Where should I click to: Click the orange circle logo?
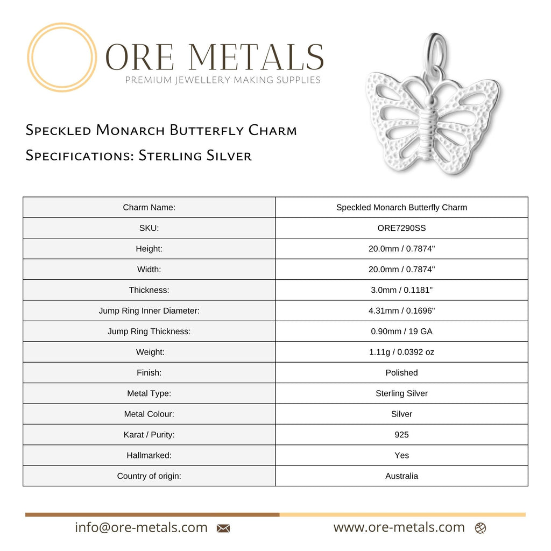coord(62,57)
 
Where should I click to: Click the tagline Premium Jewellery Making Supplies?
coord(223,80)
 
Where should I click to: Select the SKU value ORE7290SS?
coord(401,228)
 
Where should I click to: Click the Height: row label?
coord(149,249)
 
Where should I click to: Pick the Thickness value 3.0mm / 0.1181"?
coord(401,290)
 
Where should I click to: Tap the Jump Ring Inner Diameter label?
coord(149,310)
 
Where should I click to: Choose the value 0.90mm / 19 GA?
coord(401,331)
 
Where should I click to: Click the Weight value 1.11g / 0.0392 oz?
coord(401,352)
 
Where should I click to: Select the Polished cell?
coord(401,372)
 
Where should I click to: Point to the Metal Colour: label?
coord(149,414)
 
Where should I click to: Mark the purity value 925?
coord(401,434)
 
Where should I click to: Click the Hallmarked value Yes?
coord(401,455)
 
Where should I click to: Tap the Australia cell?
coord(401,476)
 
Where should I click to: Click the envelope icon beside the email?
coord(223,528)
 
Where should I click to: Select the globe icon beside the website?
coord(481,528)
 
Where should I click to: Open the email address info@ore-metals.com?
coord(141,527)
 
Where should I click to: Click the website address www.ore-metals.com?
coord(399,527)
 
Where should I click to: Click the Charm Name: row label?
coord(149,207)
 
